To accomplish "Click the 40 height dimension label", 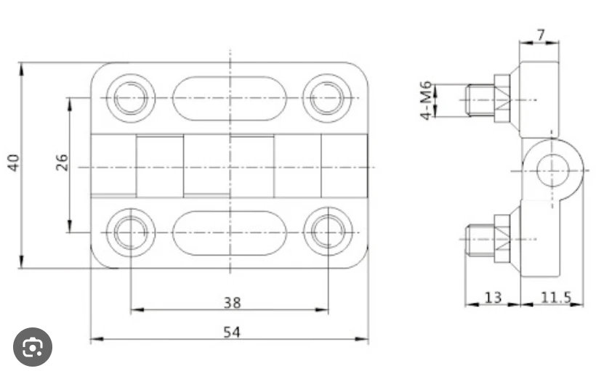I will pos(13,163).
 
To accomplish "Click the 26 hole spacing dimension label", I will pos(62,161).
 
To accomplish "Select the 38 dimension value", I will pos(232,301).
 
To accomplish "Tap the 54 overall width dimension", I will pos(232,332).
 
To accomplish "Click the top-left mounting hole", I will pos(131,98).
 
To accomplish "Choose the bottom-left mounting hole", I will pos(131,232).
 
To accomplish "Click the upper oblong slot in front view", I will pos(230,98).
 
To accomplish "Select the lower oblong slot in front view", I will pos(230,232).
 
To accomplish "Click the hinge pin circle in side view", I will pos(552,171).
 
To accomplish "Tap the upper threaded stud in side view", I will pos(480,99).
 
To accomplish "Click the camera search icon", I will pos(33,348).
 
